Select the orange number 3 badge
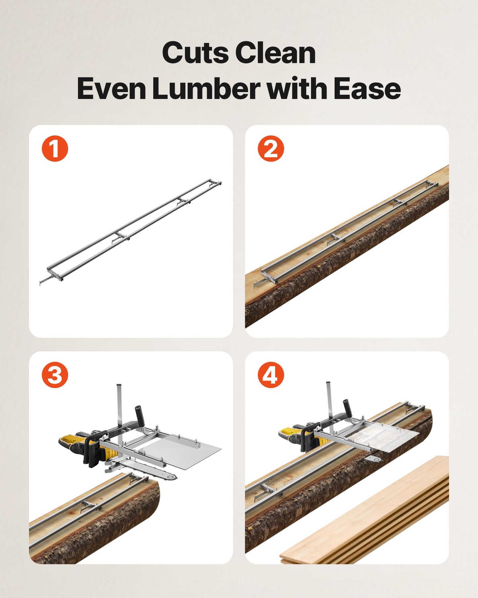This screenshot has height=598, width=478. point(55,375)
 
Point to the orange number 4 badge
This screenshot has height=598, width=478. point(271,375)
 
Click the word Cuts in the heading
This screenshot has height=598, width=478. point(195,53)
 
